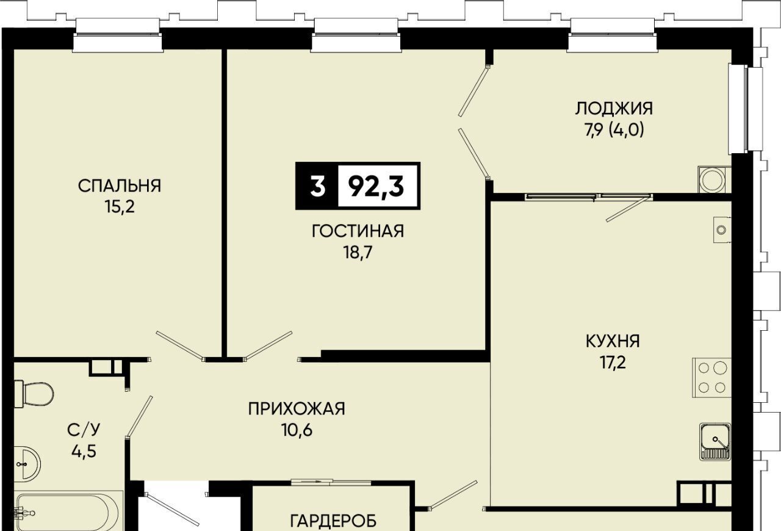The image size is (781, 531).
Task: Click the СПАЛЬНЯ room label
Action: (x=120, y=186)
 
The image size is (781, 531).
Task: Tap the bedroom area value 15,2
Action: (x=119, y=208)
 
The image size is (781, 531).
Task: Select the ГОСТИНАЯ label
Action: (x=358, y=231)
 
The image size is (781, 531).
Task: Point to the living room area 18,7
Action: (x=358, y=252)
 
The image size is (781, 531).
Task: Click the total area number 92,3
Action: (x=376, y=186)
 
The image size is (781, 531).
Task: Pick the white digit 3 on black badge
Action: (x=318, y=186)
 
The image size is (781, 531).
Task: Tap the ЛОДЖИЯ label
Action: (x=614, y=108)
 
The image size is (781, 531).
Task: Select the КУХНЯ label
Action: (x=613, y=341)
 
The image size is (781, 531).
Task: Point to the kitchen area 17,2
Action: (x=613, y=363)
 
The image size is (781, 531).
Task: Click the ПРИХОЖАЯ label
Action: (x=297, y=409)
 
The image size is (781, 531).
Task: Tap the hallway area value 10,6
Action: (x=297, y=430)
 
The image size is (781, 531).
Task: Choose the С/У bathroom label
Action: (x=84, y=430)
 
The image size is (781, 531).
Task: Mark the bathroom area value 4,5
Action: (x=84, y=452)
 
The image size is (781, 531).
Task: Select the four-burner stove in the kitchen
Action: (x=711, y=378)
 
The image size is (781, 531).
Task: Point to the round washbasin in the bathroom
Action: (x=27, y=464)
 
